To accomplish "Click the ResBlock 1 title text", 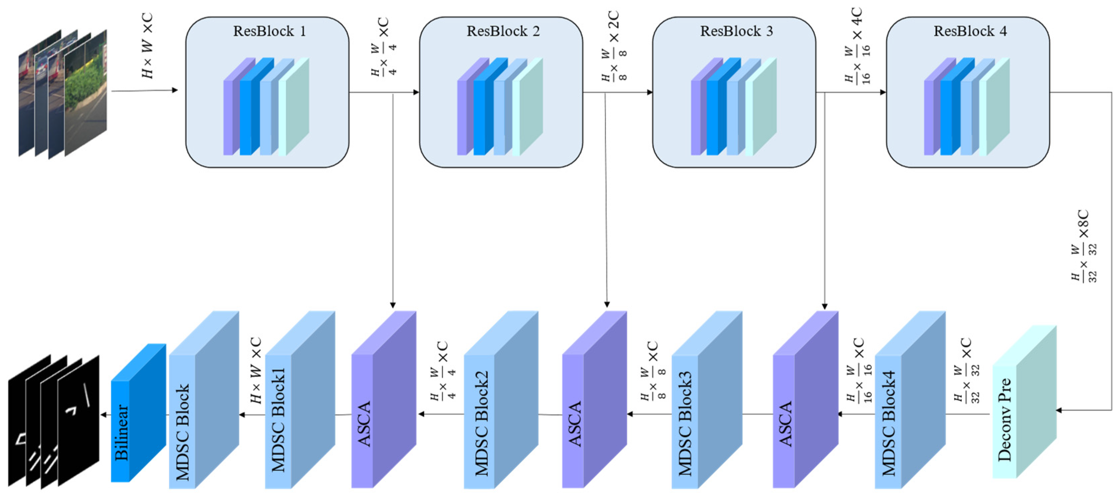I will (x=269, y=31).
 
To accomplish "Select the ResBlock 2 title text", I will (x=503, y=31).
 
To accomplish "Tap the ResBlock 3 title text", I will (x=736, y=31).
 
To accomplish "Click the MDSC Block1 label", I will (x=278, y=419).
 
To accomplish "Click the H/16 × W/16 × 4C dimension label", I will (x=857, y=46).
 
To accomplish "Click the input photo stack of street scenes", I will (x=63, y=93).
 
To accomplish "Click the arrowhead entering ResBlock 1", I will (x=175, y=90).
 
